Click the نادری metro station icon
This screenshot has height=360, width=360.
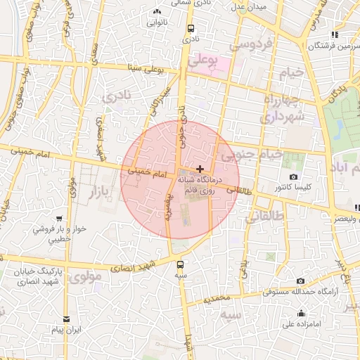tap(191, 29)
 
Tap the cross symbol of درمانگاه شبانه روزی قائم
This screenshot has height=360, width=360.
tap(201, 169)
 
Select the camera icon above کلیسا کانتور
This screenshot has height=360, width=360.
tap(293, 177)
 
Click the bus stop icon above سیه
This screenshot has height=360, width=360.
tap(181, 264)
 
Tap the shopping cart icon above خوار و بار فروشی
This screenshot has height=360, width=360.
tap(58, 219)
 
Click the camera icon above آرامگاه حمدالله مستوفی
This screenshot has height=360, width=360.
tap(300, 281)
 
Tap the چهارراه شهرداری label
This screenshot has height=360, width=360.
tap(283, 108)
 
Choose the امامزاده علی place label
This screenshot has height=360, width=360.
tap(302, 324)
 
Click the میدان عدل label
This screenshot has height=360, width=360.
tap(247, 7)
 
